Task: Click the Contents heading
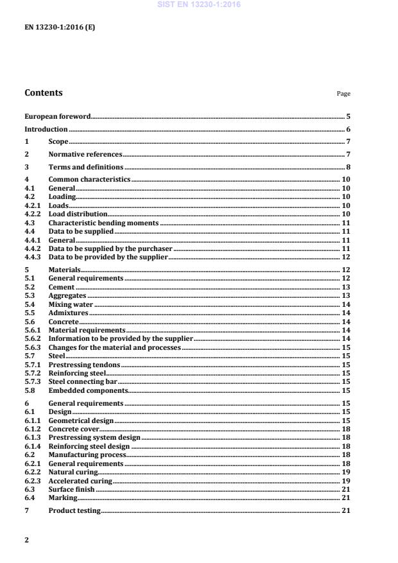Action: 44,92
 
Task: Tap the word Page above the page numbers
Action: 343,94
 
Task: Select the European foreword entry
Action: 57,117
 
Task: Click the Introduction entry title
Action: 46,129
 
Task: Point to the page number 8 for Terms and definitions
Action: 347,167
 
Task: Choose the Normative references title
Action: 85,154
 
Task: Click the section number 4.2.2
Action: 32,214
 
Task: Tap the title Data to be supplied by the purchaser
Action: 110,248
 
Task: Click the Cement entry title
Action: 61,288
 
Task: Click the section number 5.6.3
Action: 32,347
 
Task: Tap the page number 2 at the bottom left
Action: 26,540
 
